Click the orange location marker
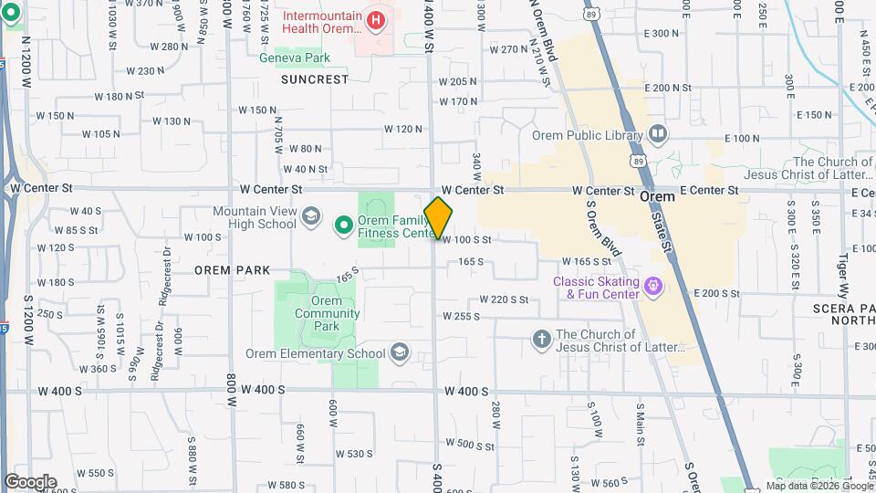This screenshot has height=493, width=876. click(438, 217)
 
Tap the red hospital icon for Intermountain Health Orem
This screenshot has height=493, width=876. click(374, 19)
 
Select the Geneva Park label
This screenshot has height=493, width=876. click(293, 58)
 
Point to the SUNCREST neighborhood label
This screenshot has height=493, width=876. click(315, 79)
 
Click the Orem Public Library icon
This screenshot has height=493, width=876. click(658, 135)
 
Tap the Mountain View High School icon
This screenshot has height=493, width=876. click(311, 216)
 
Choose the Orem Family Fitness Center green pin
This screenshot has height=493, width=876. click(344, 224)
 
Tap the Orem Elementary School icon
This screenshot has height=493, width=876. click(400, 352)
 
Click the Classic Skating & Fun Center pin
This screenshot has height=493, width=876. click(653, 288)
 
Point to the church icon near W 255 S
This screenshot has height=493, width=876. click(541, 340)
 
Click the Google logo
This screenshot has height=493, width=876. click(30, 482)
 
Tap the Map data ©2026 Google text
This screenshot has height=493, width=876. click(819, 486)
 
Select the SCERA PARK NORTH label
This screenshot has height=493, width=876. click(843, 314)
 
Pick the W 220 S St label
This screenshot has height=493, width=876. click(505, 299)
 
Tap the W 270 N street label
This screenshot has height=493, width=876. click(509, 49)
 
